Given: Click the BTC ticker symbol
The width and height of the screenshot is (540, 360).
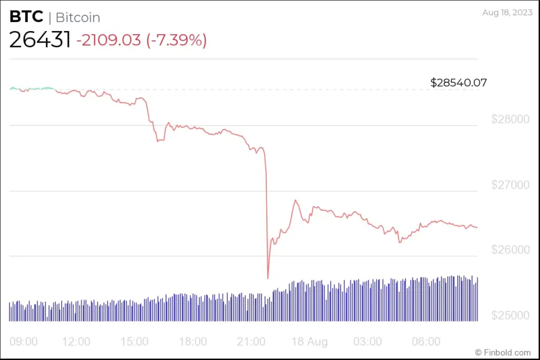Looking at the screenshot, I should coord(26,17).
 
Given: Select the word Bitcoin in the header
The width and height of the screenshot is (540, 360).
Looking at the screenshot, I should coord(78,17).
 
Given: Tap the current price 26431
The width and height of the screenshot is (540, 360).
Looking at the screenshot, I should coord(40,40).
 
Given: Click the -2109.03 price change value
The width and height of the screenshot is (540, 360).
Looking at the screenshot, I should coord(109,40).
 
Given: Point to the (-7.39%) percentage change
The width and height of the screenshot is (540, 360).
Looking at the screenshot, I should coord(176,40).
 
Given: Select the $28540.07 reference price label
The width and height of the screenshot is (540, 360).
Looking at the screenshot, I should coord(458,83).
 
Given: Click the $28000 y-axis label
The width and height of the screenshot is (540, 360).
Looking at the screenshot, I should coord(510,120).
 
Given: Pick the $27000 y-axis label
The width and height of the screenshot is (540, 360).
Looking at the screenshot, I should coord(510,185).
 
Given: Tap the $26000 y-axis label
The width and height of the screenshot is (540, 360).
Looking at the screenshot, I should coord(510,250).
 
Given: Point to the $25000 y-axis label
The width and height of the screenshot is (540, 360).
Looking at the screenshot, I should coord(510,316).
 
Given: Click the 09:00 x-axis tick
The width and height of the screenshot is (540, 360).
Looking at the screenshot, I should coord(24,342).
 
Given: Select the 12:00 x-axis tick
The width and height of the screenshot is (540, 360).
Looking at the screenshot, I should coord(76,342).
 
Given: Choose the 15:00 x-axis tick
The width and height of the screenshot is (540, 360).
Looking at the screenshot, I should coord(134,342).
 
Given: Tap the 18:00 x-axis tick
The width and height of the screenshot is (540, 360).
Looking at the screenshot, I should coord(192,342).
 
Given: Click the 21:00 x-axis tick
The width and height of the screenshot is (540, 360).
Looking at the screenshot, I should coord(251,342).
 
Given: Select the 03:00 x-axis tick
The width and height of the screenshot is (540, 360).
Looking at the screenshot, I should coord(368,342).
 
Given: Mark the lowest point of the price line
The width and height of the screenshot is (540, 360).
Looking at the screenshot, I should coord(268,278).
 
